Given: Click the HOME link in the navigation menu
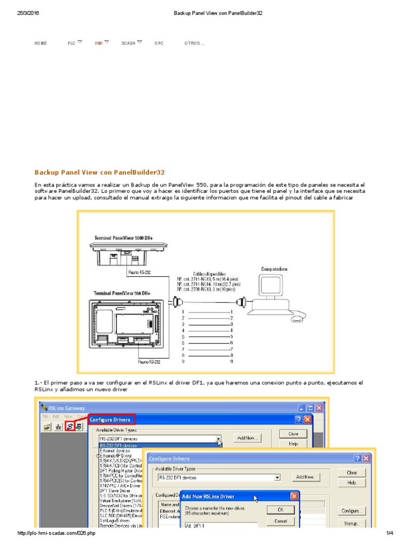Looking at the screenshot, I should pos(41,43).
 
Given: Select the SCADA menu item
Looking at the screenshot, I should pos(128,43).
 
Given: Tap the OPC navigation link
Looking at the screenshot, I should pos(159,43).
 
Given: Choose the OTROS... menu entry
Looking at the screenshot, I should pos(194,43).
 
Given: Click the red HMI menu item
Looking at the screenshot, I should pos(99,43).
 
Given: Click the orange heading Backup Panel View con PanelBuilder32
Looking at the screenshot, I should pos(100,173).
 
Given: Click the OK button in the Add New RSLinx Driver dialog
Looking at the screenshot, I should pos(280,510).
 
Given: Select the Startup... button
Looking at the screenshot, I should pos(352,523).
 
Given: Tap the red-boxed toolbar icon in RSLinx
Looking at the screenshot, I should pos(69,426).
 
